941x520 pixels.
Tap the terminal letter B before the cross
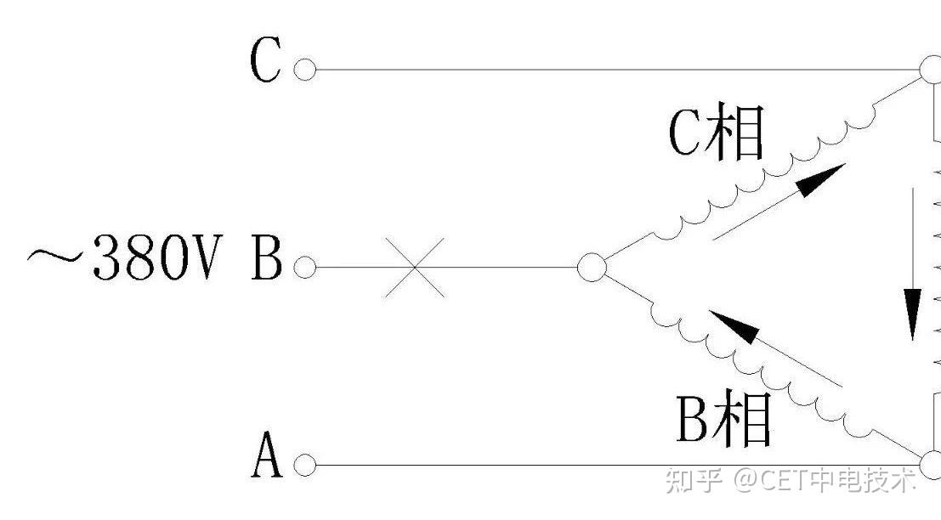(266, 261)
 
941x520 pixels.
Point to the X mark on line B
(414, 268)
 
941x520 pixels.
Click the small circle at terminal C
(304, 70)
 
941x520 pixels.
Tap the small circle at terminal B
(304, 268)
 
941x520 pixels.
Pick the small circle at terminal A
(304, 466)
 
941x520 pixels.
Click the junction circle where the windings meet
(592, 268)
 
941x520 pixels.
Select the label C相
(716, 133)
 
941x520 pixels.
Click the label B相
(723, 420)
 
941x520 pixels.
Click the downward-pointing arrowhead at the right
(912, 314)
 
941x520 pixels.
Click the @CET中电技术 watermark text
(825, 481)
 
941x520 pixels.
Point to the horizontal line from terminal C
(612, 70)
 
